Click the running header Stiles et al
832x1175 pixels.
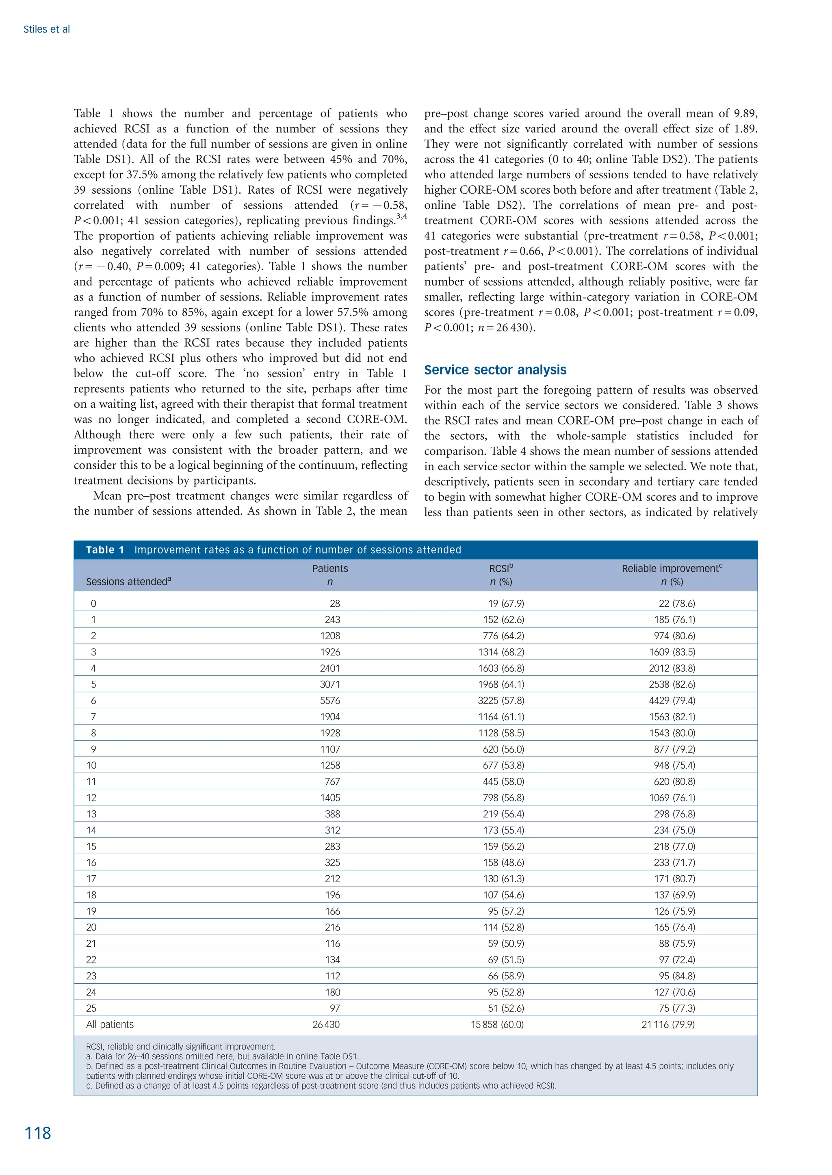47,30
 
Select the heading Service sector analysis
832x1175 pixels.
495,370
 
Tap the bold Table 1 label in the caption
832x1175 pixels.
105,550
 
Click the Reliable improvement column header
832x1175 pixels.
672,569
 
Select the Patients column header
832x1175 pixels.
330,569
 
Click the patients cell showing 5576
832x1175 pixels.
329,700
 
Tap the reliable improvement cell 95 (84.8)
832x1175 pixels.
677,976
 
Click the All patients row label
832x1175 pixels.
110,1024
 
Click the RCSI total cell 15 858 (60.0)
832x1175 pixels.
497,1024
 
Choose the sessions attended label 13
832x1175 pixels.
91,814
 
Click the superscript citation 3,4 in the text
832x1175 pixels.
402,216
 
